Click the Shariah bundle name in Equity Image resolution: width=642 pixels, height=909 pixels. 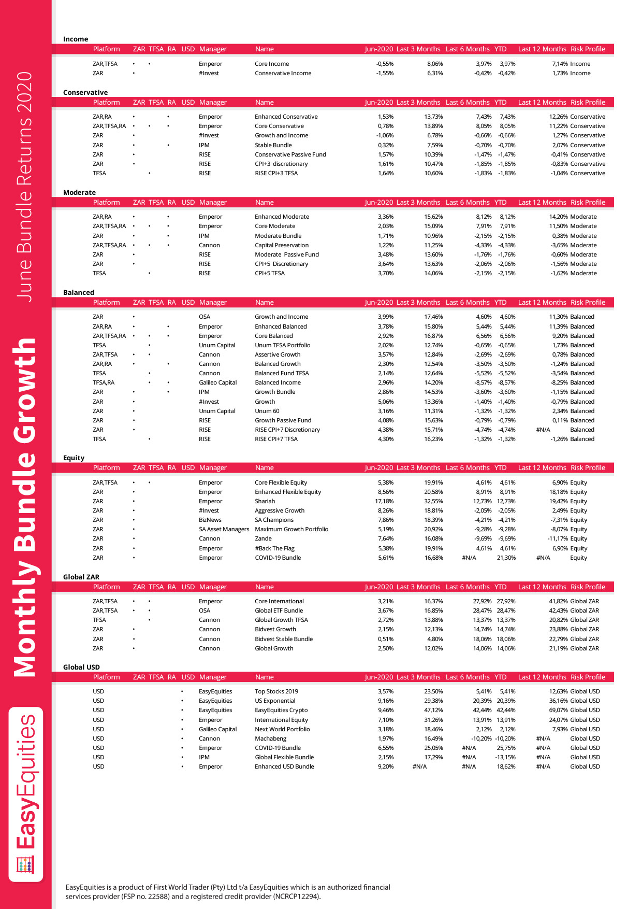pos(265,501)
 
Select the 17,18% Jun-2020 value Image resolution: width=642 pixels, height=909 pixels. pos(384,501)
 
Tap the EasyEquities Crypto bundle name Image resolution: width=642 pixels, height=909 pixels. pos(281,710)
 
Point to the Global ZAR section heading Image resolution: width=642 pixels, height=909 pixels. pos(81,577)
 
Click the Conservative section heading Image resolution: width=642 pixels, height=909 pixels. pos(85,92)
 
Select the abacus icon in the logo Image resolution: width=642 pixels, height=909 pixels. pos(25,865)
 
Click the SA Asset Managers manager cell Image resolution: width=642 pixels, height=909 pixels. pos(224,529)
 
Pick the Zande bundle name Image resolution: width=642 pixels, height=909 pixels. pos(263,538)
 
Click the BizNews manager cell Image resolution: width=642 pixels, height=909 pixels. pos(210,520)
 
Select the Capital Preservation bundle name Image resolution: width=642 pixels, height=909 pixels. pos(282,245)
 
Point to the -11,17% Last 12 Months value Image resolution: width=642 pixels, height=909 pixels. pos(558,538)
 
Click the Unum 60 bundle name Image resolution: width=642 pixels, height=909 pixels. pos(267,411)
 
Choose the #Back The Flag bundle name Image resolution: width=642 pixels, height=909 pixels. pos(274,548)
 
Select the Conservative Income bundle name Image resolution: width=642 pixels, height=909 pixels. pos(283,73)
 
